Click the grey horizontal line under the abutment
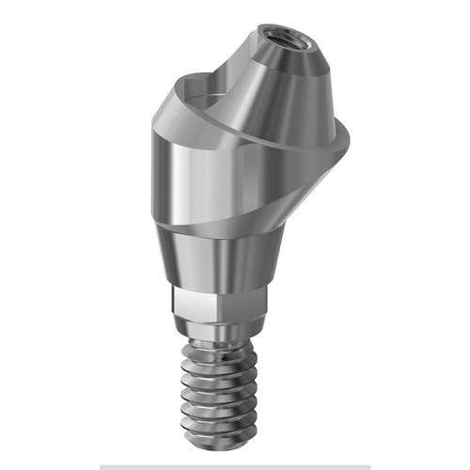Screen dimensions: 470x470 pyautogui.click(x=235, y=466)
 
